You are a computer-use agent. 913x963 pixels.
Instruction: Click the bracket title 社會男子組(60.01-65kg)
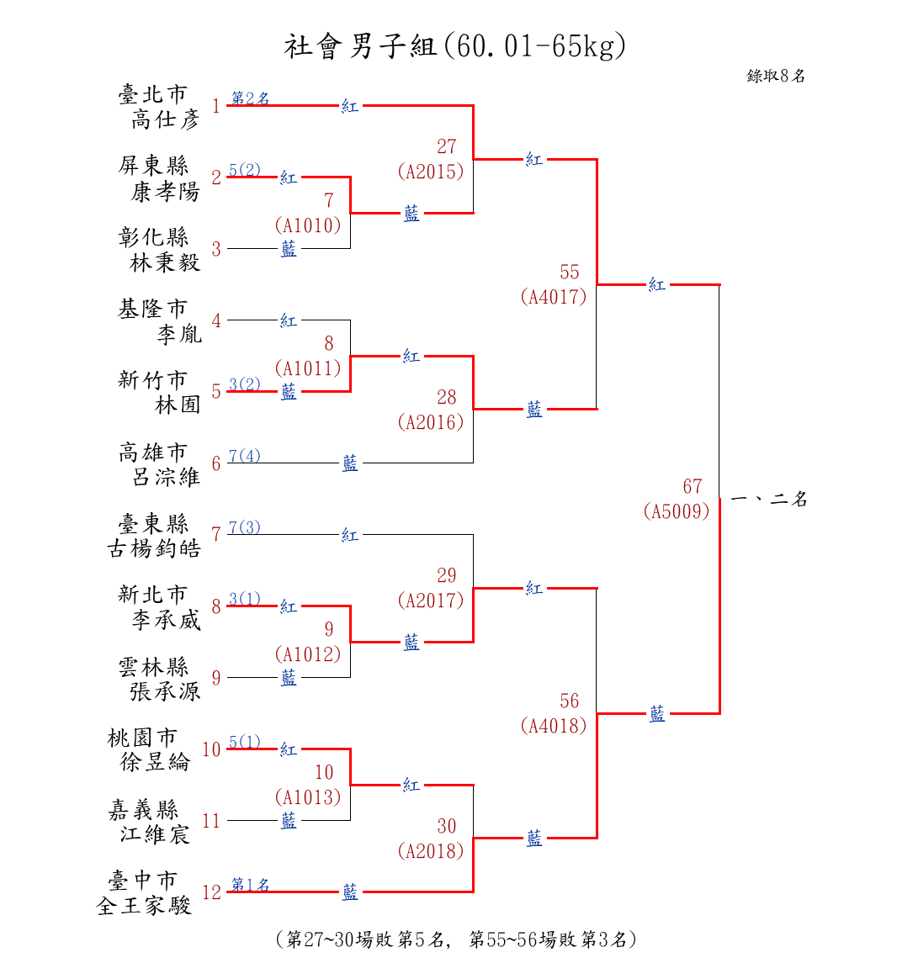[455, 46]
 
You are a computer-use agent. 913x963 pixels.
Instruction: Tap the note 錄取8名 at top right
[775, 77]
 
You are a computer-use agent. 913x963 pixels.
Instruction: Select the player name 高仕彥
[165, 119]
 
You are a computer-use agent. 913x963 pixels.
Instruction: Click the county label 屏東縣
[153, 165]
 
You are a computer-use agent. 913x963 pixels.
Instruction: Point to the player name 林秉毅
[165, 262]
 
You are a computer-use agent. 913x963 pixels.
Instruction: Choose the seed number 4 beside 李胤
[216, 320]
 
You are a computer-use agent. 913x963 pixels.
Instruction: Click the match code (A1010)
[308, 225]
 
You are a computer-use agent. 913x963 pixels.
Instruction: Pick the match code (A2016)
[431, 422]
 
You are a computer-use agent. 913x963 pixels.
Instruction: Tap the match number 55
[570, 272]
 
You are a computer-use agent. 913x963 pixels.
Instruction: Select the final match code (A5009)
[677, 511]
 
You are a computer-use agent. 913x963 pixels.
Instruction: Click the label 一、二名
[769, 500]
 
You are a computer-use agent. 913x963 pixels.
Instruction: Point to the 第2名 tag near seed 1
[250, 98]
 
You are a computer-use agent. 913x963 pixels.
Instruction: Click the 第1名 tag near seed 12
[250, 885]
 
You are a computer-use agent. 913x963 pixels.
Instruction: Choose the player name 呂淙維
[167, 477]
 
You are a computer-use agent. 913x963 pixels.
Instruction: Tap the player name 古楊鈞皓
[153, 548]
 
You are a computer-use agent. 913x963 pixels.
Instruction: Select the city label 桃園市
[142, 738]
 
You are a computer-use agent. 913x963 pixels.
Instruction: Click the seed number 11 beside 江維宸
[211, 821]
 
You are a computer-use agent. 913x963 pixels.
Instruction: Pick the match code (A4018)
[554, 726]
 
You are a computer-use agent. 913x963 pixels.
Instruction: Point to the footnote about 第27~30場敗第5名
[455, 939]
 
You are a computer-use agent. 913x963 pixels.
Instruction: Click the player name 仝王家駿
[145, 906]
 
